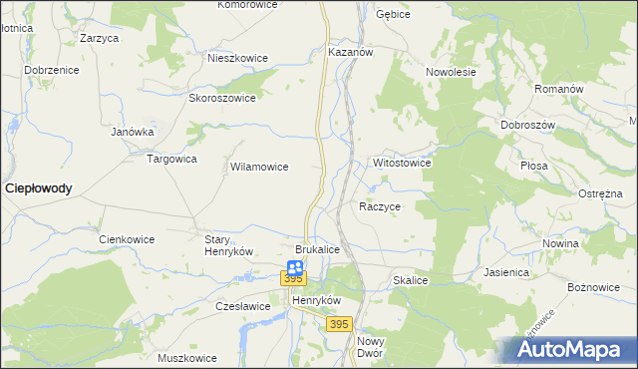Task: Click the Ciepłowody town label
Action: pos(39,187)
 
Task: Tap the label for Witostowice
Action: pos(402,162)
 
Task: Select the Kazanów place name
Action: pos(350,51)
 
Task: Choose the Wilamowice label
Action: pos(259,168)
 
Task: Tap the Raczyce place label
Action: pos(380,206)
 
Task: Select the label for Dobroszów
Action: pos(527,125)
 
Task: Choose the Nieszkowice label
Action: pos(237,58)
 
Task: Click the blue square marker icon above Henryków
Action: pos(295,266)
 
